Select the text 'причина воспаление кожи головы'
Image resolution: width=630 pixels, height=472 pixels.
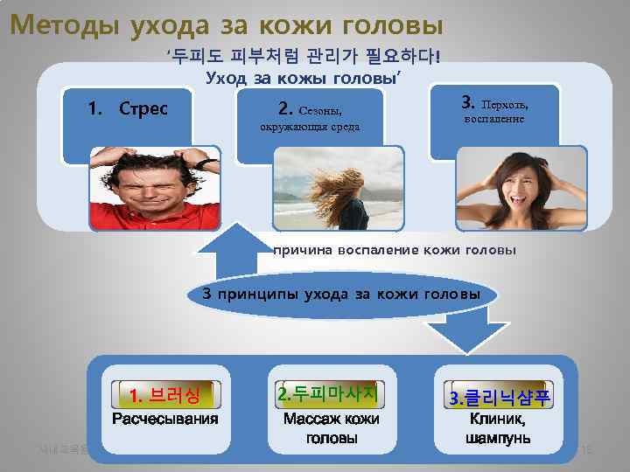[395, 250]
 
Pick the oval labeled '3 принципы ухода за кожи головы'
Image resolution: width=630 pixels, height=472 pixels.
[341, 294]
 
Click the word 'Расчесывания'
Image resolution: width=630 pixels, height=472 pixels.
[164, 419]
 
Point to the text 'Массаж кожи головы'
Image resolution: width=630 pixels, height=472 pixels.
[332, 427]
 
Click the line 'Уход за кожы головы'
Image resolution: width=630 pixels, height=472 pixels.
[303, 79]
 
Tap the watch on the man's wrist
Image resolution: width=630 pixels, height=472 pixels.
[204, 163]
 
